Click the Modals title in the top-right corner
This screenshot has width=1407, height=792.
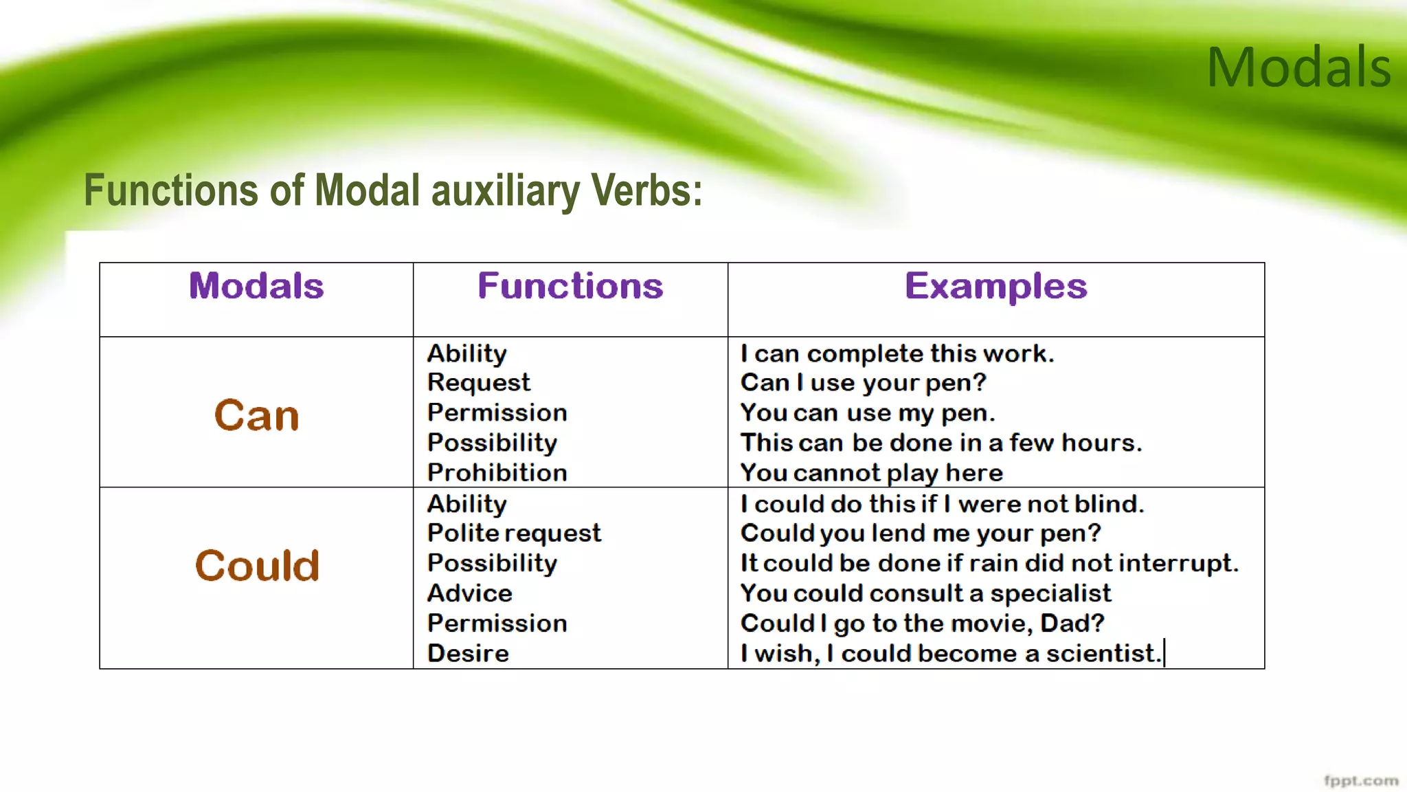click(1298, 67)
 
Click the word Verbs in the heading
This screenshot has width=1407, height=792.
click(646, 190)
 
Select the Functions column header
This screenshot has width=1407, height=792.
click(570, 286)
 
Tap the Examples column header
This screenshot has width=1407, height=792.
click(995, 286)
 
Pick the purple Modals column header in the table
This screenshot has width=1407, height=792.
click(256, 286)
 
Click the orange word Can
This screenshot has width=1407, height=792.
click(256, 416)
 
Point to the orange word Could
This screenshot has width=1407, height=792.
click(257, 566)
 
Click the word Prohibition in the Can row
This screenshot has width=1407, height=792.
click(497, 473)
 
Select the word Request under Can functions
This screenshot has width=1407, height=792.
click(478, 383)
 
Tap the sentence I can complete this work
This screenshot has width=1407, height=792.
click(897, 354)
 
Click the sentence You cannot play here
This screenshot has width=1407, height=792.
click(871, 473)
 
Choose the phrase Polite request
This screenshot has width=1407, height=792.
click(514, 533)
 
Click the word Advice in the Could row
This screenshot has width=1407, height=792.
click(470, 593)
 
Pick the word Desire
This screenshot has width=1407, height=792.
click(468, 653)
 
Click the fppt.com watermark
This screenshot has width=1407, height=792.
click(1360, 781)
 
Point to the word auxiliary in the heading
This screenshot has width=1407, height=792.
click(505, 190)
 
